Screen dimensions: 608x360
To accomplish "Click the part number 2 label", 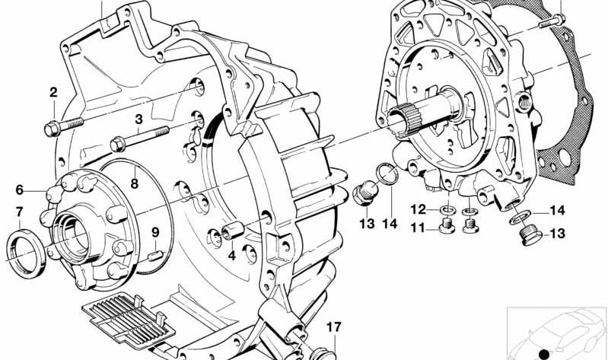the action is [53, 92].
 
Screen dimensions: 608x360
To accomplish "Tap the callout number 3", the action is [138, 119].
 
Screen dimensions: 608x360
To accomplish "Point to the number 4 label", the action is [232, 256].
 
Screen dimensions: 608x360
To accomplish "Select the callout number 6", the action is [19, 190].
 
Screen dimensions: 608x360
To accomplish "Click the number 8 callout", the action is [134, 183].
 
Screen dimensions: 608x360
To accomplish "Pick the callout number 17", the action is [333, 327].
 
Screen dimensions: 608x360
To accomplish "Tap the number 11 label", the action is [418, 228].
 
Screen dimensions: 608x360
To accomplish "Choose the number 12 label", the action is [419, 209].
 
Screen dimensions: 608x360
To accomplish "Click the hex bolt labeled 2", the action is [64, 126].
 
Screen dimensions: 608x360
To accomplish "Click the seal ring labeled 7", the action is [27, 253].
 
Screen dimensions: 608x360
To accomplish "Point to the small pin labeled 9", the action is [155, 256].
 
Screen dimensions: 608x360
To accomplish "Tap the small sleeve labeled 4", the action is [233, 231].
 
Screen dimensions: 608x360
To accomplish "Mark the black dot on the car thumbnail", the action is [544, 354].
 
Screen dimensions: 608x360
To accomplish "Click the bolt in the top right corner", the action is [552, 21].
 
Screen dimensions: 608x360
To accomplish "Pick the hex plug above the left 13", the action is [365, 193].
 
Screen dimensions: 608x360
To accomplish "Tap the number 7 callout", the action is [19, 212].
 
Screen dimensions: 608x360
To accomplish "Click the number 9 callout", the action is [155, 232].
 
